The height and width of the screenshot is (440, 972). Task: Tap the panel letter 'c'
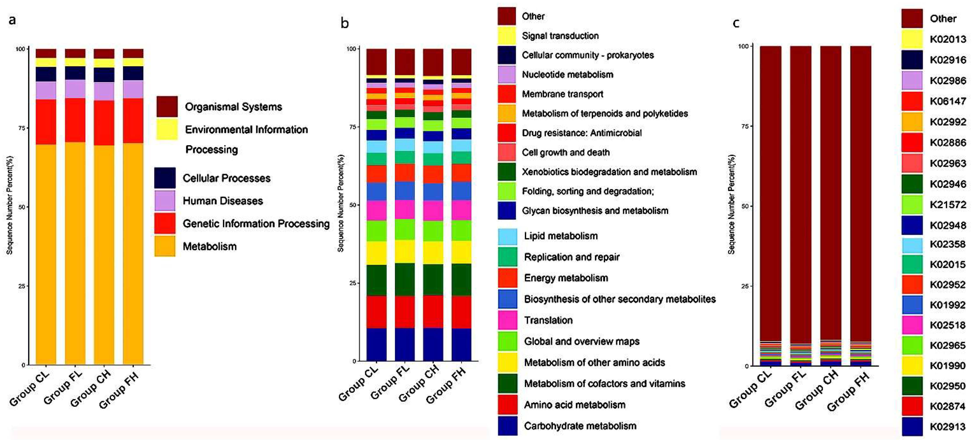point(736,23)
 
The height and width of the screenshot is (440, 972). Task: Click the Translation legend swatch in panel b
point(508,320)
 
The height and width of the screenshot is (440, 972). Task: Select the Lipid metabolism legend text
point(561,236)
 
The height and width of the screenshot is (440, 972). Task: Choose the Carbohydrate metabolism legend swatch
point(508,426)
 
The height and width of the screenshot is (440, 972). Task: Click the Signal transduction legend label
point(560,36)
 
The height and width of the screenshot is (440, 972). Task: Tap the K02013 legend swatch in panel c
point(912,39)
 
